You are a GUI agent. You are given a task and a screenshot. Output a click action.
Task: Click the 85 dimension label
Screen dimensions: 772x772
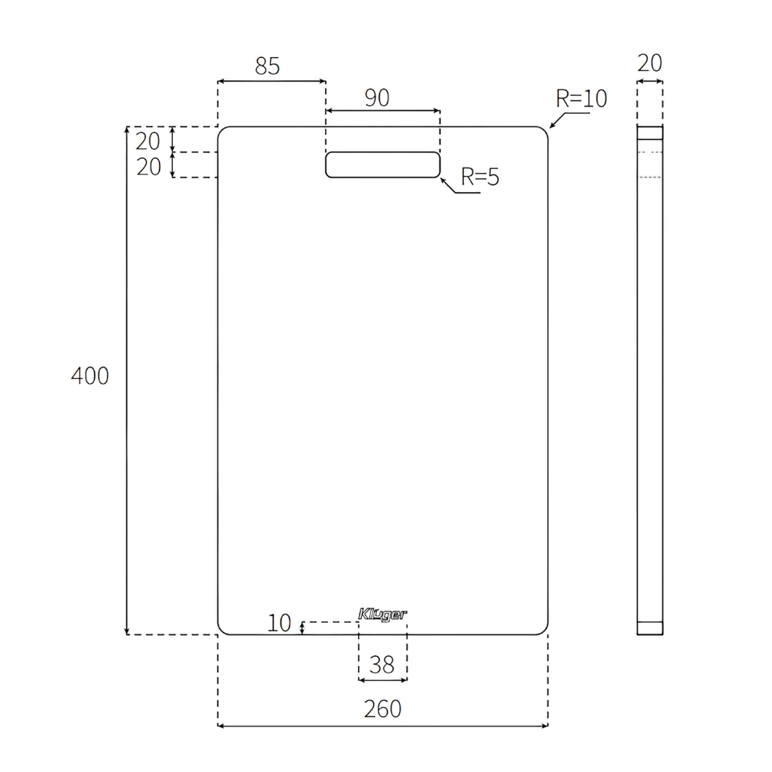click(x=267, y=67)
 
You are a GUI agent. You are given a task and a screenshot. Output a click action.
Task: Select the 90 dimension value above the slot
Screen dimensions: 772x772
click(x=377, y=98)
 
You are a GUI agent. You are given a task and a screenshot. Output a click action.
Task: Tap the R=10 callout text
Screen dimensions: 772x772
click(x=581, y=99)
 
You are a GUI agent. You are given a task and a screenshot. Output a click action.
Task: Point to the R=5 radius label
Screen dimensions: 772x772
click(x=480, y=178)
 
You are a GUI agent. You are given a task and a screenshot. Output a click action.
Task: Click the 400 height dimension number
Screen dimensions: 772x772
click(x=90, y=376)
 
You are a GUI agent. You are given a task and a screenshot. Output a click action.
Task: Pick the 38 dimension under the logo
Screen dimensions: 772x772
click(x=382, y=665)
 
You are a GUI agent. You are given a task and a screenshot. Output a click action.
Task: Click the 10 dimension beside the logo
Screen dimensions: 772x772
click(x=280, y=623)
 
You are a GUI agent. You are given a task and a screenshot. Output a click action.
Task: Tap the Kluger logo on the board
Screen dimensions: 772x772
click(x=383, y=615)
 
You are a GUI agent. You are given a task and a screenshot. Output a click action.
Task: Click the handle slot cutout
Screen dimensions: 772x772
click(x=383, y=164)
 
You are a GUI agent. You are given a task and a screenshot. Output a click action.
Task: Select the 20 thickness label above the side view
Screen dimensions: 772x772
click(x=650, y=63)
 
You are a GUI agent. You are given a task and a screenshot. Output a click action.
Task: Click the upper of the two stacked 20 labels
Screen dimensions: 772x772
click(x=148, y=141)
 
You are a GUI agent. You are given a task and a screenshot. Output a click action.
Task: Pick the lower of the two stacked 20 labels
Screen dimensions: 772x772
click(x=148, y=166)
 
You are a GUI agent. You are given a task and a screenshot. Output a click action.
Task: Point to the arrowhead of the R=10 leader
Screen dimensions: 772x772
click(x=551, y=125)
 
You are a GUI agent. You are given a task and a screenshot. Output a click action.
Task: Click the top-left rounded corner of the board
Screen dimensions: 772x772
click(x=221, y=130)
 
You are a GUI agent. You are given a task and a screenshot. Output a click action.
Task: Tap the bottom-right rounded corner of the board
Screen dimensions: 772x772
click(x=544, y=631)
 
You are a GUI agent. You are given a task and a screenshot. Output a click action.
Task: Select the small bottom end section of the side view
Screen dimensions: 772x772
click(x=650, y=628)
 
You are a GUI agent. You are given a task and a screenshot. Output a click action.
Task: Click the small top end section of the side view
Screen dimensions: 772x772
click(x=650, y=132)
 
